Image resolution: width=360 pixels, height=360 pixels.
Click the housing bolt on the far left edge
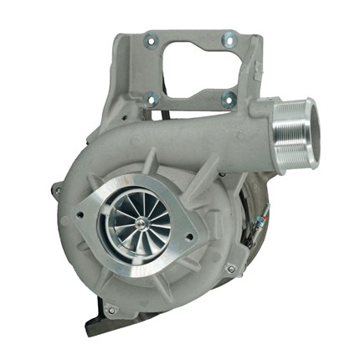[x=57, y=192]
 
